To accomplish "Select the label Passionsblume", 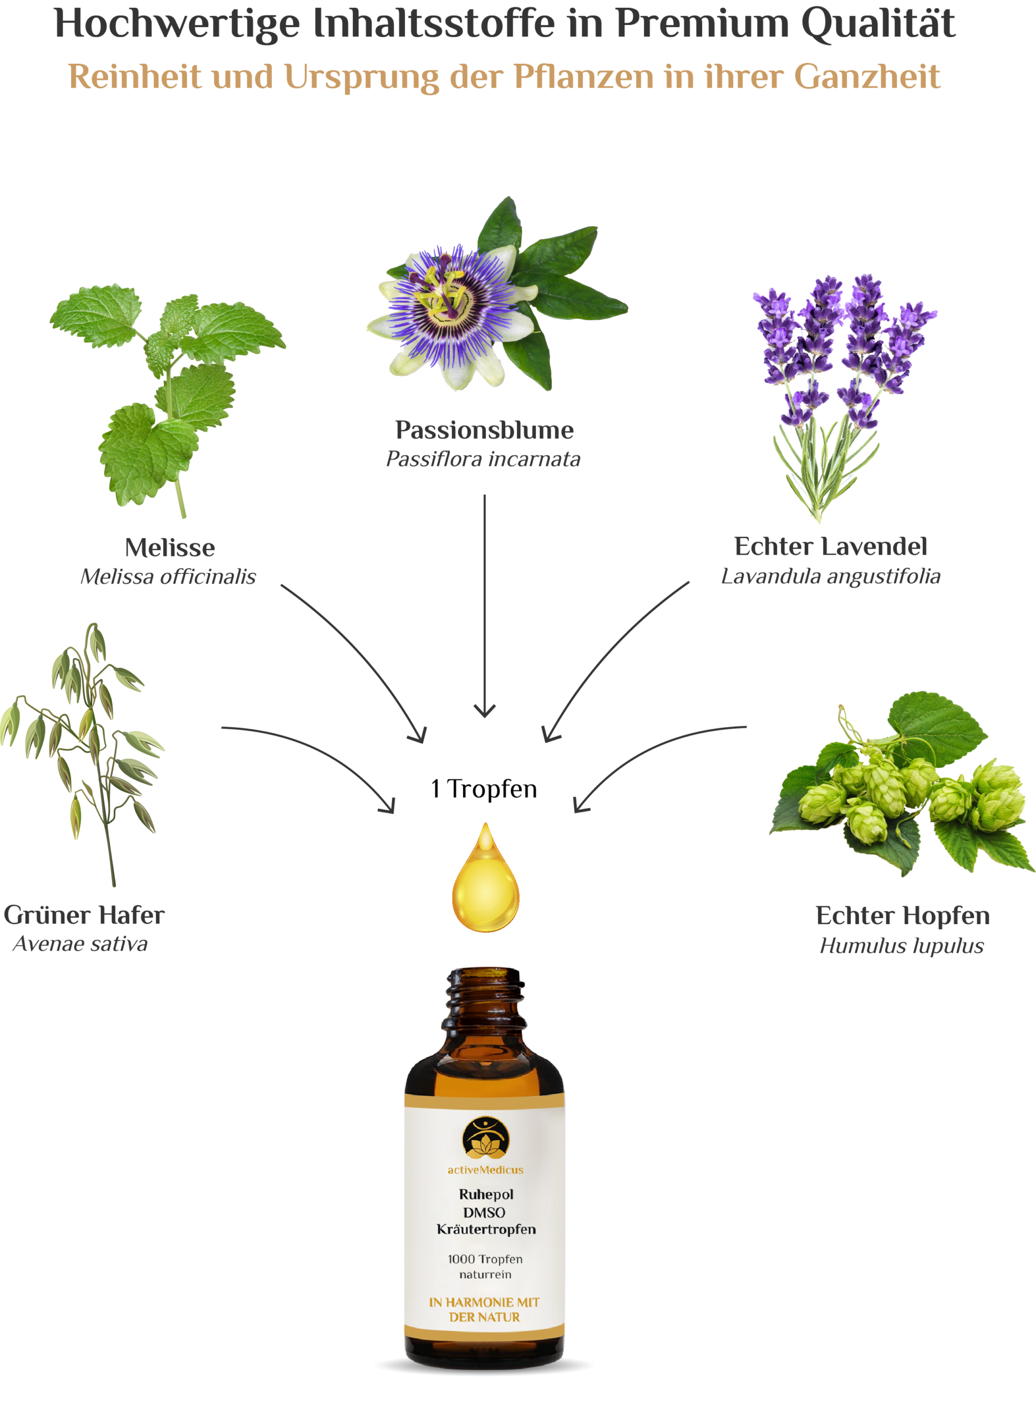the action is click(x=484, y=430).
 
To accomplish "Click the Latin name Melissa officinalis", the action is click(x=168, y=576).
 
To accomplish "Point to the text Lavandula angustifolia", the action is click(x=831, y=576).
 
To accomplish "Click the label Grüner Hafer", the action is click(x=84, y=915).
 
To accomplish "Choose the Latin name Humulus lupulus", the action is click(x=902, y=946).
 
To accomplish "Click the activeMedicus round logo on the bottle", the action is click(x=485, y=1137).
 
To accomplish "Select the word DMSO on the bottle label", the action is click(x=484, y=1213).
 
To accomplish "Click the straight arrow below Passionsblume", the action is click(x=484, y=605).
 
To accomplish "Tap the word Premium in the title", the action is click(x=701, y=24).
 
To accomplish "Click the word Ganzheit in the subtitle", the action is click(x=867, y=77).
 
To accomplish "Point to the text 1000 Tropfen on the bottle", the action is click(x=485, y=1260).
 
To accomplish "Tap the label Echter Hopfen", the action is click(x=902, y=916).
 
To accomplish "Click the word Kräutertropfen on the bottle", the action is click(x=486, y=1230).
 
